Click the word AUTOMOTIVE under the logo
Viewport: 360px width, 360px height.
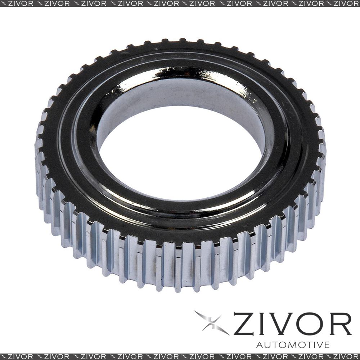click(x=293, y=345)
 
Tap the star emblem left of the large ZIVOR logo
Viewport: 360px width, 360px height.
click(x=211, y=322)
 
